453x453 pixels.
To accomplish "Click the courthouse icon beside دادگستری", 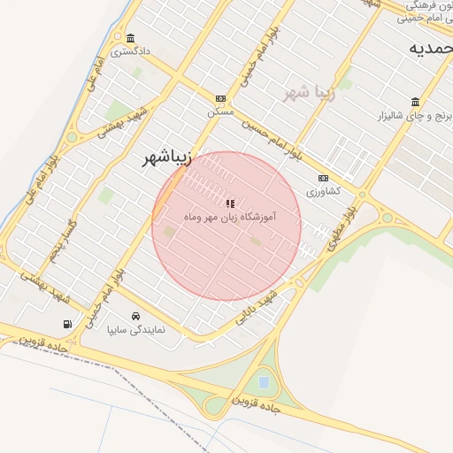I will click(x=131, y=38).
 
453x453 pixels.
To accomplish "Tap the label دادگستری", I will click(x=130, y=51).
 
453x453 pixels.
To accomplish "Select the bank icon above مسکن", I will click(x=219, y=99).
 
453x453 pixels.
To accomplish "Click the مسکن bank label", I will click(x=219, y=112).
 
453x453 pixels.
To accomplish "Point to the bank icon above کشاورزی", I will click(x=323, y=177).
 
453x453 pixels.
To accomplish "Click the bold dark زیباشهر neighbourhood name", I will click(x=167, y=158).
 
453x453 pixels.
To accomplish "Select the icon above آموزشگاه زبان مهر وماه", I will click(x=231, y=204).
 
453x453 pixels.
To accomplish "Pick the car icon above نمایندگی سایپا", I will click(x=135, y=317).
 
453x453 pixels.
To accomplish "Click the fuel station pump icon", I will click(x=68, y=323).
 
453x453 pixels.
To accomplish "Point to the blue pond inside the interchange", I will click(x=264, y=382).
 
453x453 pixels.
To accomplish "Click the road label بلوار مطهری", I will click(x=337, y=229).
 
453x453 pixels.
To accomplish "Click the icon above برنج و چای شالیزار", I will click(x=415, y=101).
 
